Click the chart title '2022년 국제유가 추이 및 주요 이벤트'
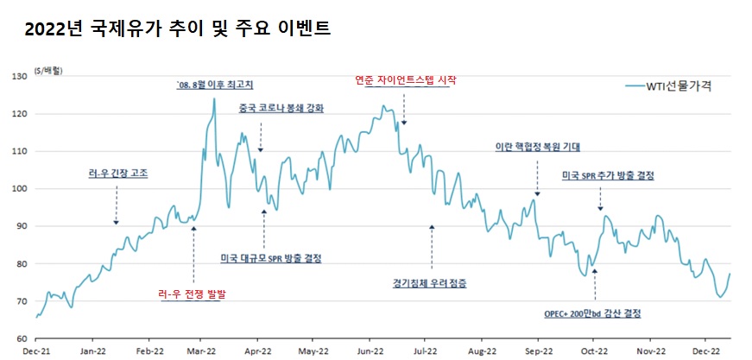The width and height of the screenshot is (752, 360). tap(178, 29)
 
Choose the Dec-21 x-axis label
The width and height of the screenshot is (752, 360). tap(36, 351)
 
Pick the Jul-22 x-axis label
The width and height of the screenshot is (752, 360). tap(425, 351)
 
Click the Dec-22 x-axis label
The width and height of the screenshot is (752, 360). tap(705, 351)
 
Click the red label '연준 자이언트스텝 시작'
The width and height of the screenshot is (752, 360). tap(405, 80)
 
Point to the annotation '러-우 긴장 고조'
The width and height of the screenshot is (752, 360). tap(118, 173)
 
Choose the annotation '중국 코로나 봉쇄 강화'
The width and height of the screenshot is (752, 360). tap(281, 109)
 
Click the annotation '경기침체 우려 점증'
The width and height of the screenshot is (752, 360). tap(430, 281)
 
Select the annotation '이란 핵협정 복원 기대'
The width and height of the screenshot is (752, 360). tap(537, 147)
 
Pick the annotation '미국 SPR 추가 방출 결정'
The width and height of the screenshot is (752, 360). tap(608, 175)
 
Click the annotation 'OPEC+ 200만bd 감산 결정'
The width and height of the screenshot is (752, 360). tap(592, 313)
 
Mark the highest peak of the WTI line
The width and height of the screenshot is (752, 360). tap(214, 98)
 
